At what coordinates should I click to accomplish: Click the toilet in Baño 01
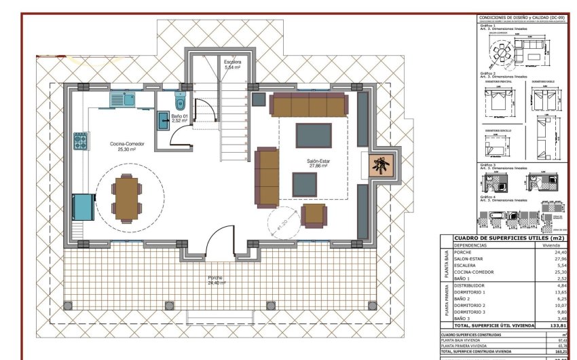point(180,103)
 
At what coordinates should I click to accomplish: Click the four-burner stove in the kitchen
point(81,141)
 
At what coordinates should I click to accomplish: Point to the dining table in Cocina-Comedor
point(126,198)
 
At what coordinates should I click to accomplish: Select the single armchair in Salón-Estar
point(314,215)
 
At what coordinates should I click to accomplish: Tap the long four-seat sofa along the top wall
point(309,105)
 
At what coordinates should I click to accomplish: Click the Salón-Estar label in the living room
point(318,161)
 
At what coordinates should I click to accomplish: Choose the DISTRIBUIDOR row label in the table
point(469,285)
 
